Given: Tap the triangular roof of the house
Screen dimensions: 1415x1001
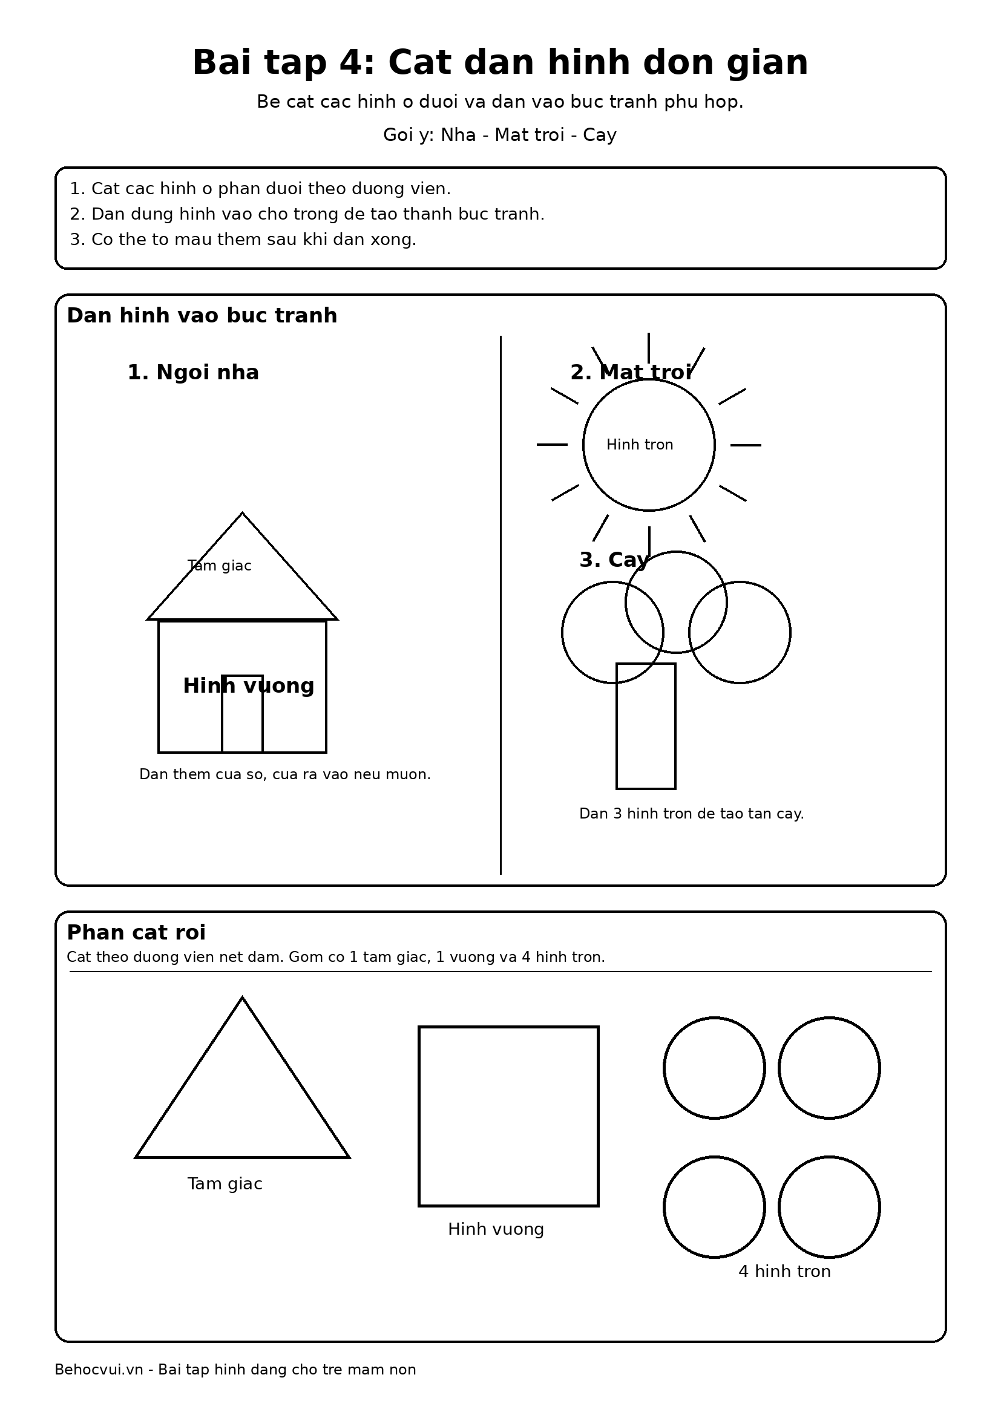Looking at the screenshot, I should point(242,586).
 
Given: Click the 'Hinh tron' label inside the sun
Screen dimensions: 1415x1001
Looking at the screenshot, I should point(639,445).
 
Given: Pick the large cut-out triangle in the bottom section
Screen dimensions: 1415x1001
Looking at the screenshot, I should point(242,1103).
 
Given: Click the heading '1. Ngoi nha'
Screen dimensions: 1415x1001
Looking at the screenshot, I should point(193,372).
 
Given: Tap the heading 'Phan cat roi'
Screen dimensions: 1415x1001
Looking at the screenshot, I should point(136,932).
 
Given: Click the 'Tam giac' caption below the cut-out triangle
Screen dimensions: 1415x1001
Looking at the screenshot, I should point(225,1183).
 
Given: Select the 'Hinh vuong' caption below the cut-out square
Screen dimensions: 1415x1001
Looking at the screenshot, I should point(496,1229).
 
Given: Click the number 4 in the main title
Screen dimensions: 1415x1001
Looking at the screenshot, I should point(356,63).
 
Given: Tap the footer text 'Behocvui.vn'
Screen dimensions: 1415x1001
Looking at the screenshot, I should point(99,1370).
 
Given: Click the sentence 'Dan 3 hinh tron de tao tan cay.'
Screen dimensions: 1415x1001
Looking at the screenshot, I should point(691,814).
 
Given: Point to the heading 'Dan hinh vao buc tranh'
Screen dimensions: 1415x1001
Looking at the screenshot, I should point(202,316).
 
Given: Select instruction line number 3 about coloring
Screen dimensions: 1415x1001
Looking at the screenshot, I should point(243,239).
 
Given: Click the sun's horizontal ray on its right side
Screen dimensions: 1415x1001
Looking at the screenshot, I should point(745,445).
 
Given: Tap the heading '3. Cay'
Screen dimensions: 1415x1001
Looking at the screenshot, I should point(614,560).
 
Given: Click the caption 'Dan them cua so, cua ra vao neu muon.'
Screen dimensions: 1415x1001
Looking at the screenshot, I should point(285,774).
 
